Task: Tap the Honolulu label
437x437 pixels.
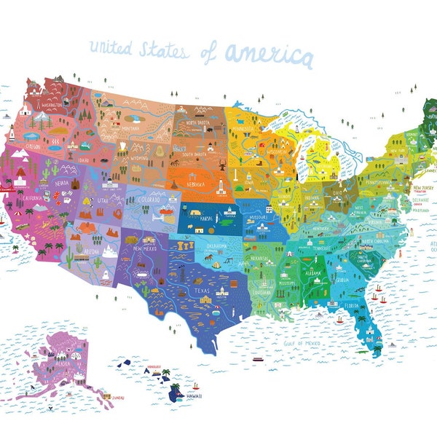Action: (153, 366)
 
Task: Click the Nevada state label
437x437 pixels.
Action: (63, 184)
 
